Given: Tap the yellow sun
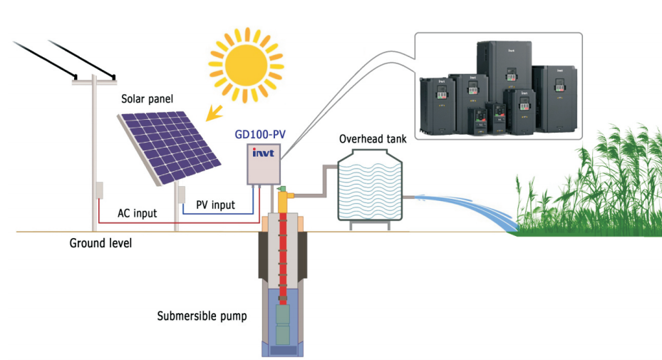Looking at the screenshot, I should tap(242, 62).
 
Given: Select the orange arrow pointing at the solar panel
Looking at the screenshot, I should tap(213, 113).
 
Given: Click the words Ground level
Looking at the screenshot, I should tap(100, 243).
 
